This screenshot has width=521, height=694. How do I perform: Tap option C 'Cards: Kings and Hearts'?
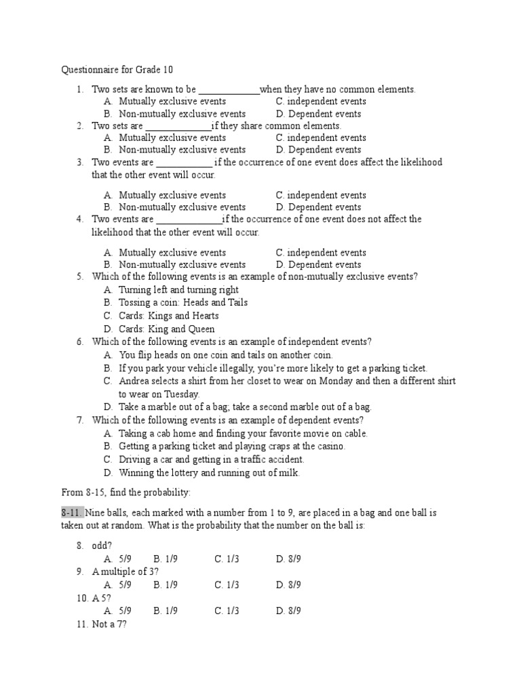(x=168, y=316)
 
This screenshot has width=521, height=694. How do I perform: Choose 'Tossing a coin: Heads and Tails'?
(x=183, y=303)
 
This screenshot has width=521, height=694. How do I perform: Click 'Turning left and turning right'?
(x=178, y=290)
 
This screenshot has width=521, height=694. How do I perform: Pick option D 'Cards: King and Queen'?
(x=167, y=329)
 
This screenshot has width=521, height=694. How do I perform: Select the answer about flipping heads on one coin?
(x=226, y=355)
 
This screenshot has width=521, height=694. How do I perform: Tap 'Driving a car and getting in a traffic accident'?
(x=211, y=460)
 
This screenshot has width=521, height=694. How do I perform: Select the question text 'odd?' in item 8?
(x=102, y=546)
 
